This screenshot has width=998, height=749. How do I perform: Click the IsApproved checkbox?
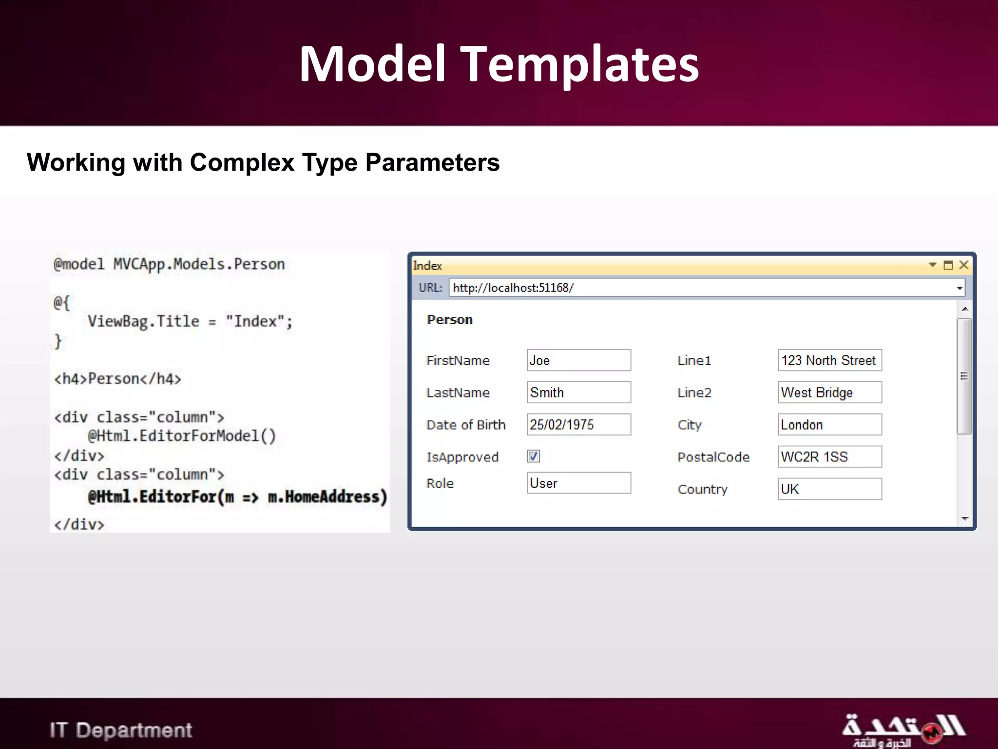coord(533,456)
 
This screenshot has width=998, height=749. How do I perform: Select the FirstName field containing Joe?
coord(578,360)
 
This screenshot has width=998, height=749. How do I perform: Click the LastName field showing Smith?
coord(578,393)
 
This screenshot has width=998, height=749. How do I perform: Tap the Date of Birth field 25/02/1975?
coord(578,425)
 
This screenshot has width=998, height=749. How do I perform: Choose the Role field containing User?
coord(578,483)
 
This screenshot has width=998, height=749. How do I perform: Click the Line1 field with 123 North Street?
coord(829,360)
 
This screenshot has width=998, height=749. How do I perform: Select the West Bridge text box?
coord(829,393)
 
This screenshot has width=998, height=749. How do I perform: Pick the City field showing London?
coord(829,425)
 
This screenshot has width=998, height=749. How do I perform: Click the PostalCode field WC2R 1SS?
coord(829,457)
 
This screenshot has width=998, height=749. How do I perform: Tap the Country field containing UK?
coord(829,489)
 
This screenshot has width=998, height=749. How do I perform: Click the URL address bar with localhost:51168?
coord(702,288)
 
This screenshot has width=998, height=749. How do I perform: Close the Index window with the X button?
coord(963,265)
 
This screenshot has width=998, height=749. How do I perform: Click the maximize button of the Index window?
coord(948,265)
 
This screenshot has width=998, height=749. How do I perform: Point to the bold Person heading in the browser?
coord(449,320)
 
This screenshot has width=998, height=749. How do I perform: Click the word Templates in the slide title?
coord(579,64)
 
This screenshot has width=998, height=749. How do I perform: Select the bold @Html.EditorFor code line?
coord(237,497)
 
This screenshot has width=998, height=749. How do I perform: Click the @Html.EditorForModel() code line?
coord(182,435)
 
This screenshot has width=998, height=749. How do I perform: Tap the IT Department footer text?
coord(121,730)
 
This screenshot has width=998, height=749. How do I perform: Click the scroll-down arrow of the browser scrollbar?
coord(964,519)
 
